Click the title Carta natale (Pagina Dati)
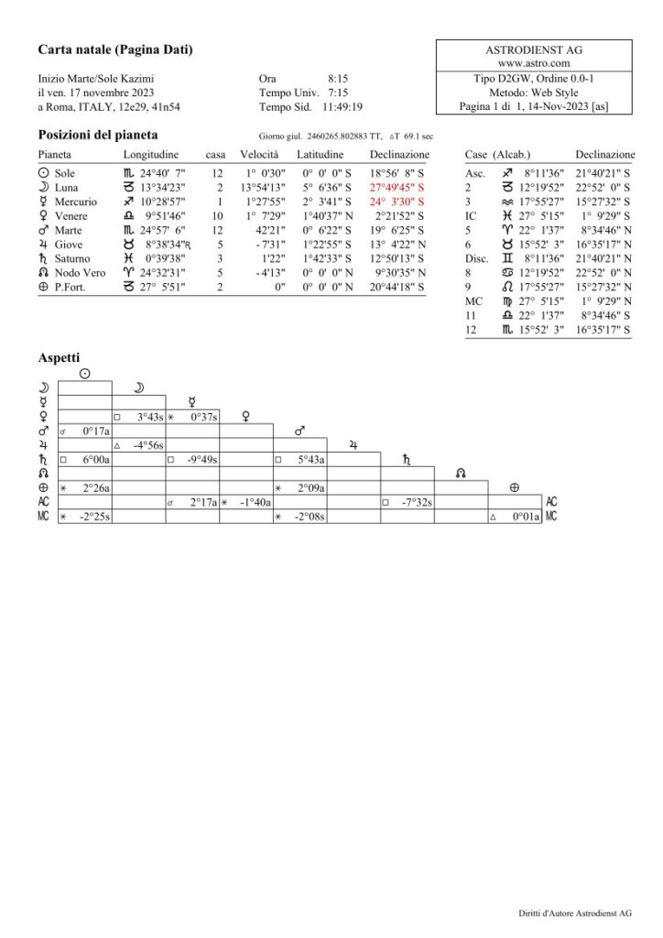point(115,49)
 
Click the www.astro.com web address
point(535,63)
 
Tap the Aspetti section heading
point(59,356)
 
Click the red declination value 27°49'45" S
point(397,187)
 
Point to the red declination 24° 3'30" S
point(397,202)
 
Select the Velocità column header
point(259,155)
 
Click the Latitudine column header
point(320,155)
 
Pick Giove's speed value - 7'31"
point(269,245)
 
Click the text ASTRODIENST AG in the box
point(535,49)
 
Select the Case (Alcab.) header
point(497,155)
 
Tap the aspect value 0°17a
point(96,431)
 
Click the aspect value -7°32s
point(418,502)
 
